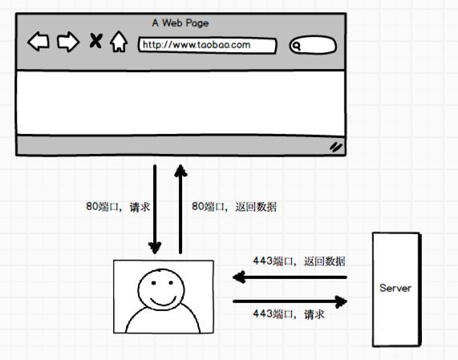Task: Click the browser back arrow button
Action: pos(39,42)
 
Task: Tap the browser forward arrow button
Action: pos(68,42)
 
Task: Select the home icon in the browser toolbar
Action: pos(119,42)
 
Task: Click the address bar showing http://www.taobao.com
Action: pos(208,45)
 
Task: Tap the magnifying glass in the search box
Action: pos(297,47)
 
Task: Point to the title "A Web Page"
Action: pos(180,22)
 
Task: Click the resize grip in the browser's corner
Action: pos(336,147)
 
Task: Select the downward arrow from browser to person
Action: pos(155,209)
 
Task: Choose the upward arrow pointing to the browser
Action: pos(180,209)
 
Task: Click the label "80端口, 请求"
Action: pos(118,207)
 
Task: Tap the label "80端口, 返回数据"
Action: pos(234,207)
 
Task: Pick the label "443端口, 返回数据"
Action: pos(299,261)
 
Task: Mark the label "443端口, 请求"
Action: pos(289,314)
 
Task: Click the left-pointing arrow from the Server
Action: pos(290,277)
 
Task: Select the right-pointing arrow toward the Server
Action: pos(290,301)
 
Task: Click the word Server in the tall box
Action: pos(395,288)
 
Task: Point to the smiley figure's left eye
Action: pos(153,282)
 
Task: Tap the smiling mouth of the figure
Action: pos(164,301)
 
